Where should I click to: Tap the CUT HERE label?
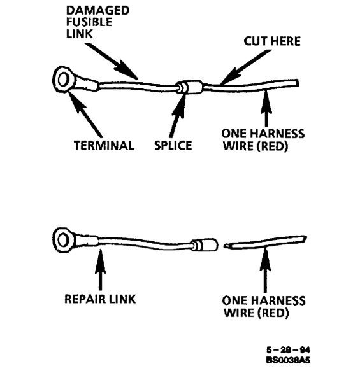coord(272,42)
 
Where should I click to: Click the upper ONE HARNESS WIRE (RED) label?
coord(263,139)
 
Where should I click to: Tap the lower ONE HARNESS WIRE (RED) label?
coord(263,306)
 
